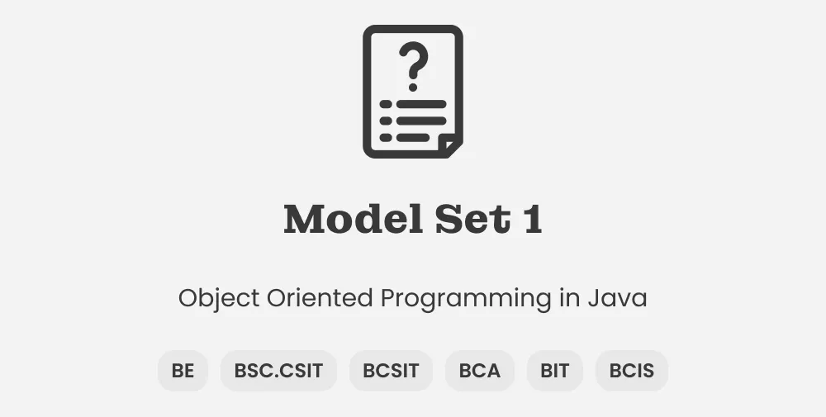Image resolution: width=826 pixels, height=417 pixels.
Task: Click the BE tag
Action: click(183, 371)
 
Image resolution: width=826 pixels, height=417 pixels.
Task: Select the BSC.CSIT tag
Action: click(278, 371)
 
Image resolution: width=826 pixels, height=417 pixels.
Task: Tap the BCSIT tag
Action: click(391, 371)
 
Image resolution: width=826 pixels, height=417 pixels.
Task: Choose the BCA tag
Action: click(480, 371)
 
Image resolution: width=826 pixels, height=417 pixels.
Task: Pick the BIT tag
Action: click(555, 371)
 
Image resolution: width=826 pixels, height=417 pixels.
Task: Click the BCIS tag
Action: click(632, 371)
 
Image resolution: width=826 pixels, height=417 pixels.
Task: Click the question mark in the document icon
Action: click(413, 61)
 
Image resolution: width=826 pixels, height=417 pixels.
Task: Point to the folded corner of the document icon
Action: click(450, 146)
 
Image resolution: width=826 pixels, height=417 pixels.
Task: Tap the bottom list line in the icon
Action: click(413, 137)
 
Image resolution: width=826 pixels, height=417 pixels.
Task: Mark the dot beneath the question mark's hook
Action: click(412, 86)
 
